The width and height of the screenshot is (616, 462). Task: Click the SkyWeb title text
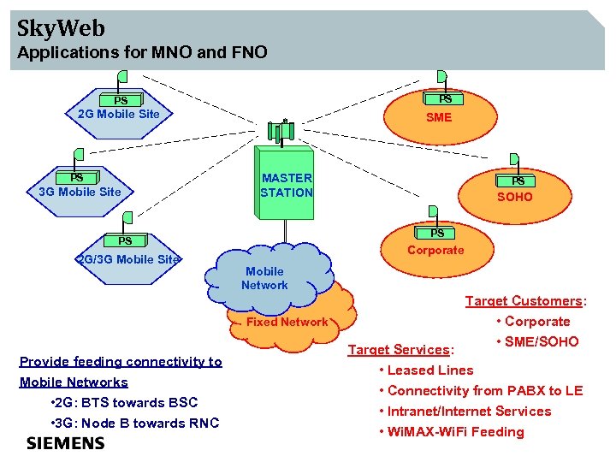coord(61,28)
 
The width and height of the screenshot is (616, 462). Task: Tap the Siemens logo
coord(66,443)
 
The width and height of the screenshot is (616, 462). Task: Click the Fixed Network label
coord(287,323)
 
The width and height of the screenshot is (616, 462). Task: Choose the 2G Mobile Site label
coord(119,114)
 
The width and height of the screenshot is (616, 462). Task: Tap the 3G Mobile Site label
coord(80,192)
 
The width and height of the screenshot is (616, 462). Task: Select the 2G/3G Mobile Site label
coord(128,259)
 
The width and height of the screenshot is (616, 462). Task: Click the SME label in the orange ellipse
coord(439,117)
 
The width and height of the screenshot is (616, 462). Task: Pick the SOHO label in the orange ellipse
coord(515,197)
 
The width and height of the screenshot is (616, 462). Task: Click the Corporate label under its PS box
coord(435,251)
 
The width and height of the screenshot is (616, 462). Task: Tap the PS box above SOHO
coord(518,181)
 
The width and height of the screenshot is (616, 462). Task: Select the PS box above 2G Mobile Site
coord(121,101)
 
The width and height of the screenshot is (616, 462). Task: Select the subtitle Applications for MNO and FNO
coord(143,53)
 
